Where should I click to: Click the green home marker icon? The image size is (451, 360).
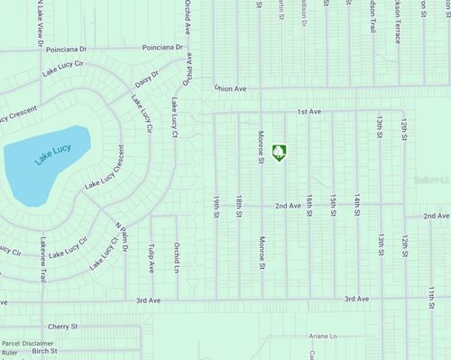click(x=280, y=152)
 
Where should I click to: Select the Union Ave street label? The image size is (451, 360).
click(x=231, y=88)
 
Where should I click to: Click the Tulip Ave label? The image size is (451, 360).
click(x=152, y=256)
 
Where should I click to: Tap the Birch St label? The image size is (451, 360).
click(x=44, y=353)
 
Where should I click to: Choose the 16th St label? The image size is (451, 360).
click(x=308, y=206)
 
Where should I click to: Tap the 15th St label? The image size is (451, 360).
click(x=333, y=206)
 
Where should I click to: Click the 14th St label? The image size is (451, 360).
click(x=357, y=206)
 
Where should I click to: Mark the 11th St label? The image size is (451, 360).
click(x=432, y=298)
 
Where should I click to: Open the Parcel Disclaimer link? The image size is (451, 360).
click(x=28, y=343)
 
